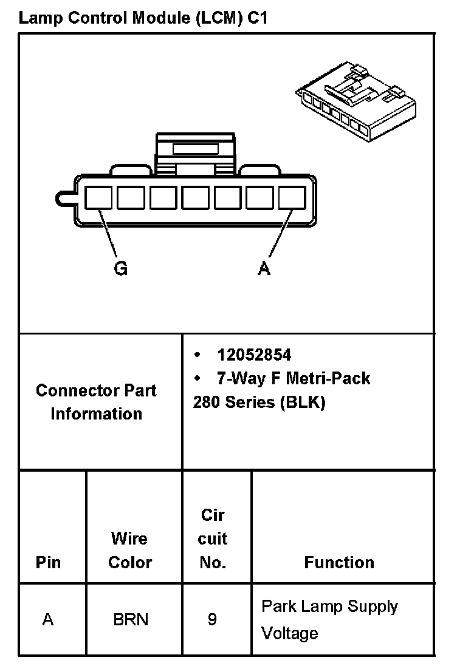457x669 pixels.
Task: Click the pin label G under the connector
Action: pyautogui.click(x=121, y=268)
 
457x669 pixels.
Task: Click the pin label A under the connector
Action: pyautogui.click(x=264, y=268)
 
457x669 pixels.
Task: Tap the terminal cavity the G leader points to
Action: pyautogui.click(x=98, y=198)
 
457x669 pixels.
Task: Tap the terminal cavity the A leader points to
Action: pyautogui.click(x=292, y=198)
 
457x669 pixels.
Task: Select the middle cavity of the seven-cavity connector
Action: pyautogui.click(x=195, y=198)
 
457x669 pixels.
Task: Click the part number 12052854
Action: pyautogui.click(x=254, y=355)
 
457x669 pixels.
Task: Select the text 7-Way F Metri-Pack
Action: pyautogui.click(x=294, y=379)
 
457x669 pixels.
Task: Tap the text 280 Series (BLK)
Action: pyautogui.click(x=259, y=402)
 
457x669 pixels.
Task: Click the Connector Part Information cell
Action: pyautogui.click(x=96, y=402)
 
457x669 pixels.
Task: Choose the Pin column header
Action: pyautogui.click(x=49, y=562)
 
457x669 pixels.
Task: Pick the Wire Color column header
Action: pyautogui.click(x=130, y=550)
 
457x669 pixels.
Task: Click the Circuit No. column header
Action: pyautogui.click(x=213, y=538)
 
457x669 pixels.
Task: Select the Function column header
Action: pyautogui.click(x=339, y=562)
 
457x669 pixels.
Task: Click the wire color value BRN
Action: pyautogui.click(x=130, y=620)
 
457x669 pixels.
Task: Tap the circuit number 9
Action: pyautogui.click(x=212, y=620)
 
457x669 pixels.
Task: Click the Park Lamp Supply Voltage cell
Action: pyautogui.click(x=329, y=620)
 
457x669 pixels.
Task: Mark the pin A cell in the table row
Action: pyautogui.click(x=48, y=620)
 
